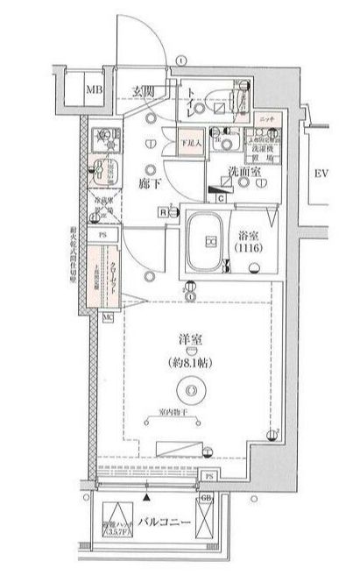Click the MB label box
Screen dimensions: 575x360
pyautogui.click(x=92, y=89)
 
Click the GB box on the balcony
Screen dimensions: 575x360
pyautogui.click(x=207, y=498)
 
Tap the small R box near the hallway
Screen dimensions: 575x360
pyautogui.click(x=163, y=210)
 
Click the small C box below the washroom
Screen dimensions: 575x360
pyautogui.click(x=222, y=198)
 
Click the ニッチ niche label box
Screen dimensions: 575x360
pyautogui.click(x=267, y=117)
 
